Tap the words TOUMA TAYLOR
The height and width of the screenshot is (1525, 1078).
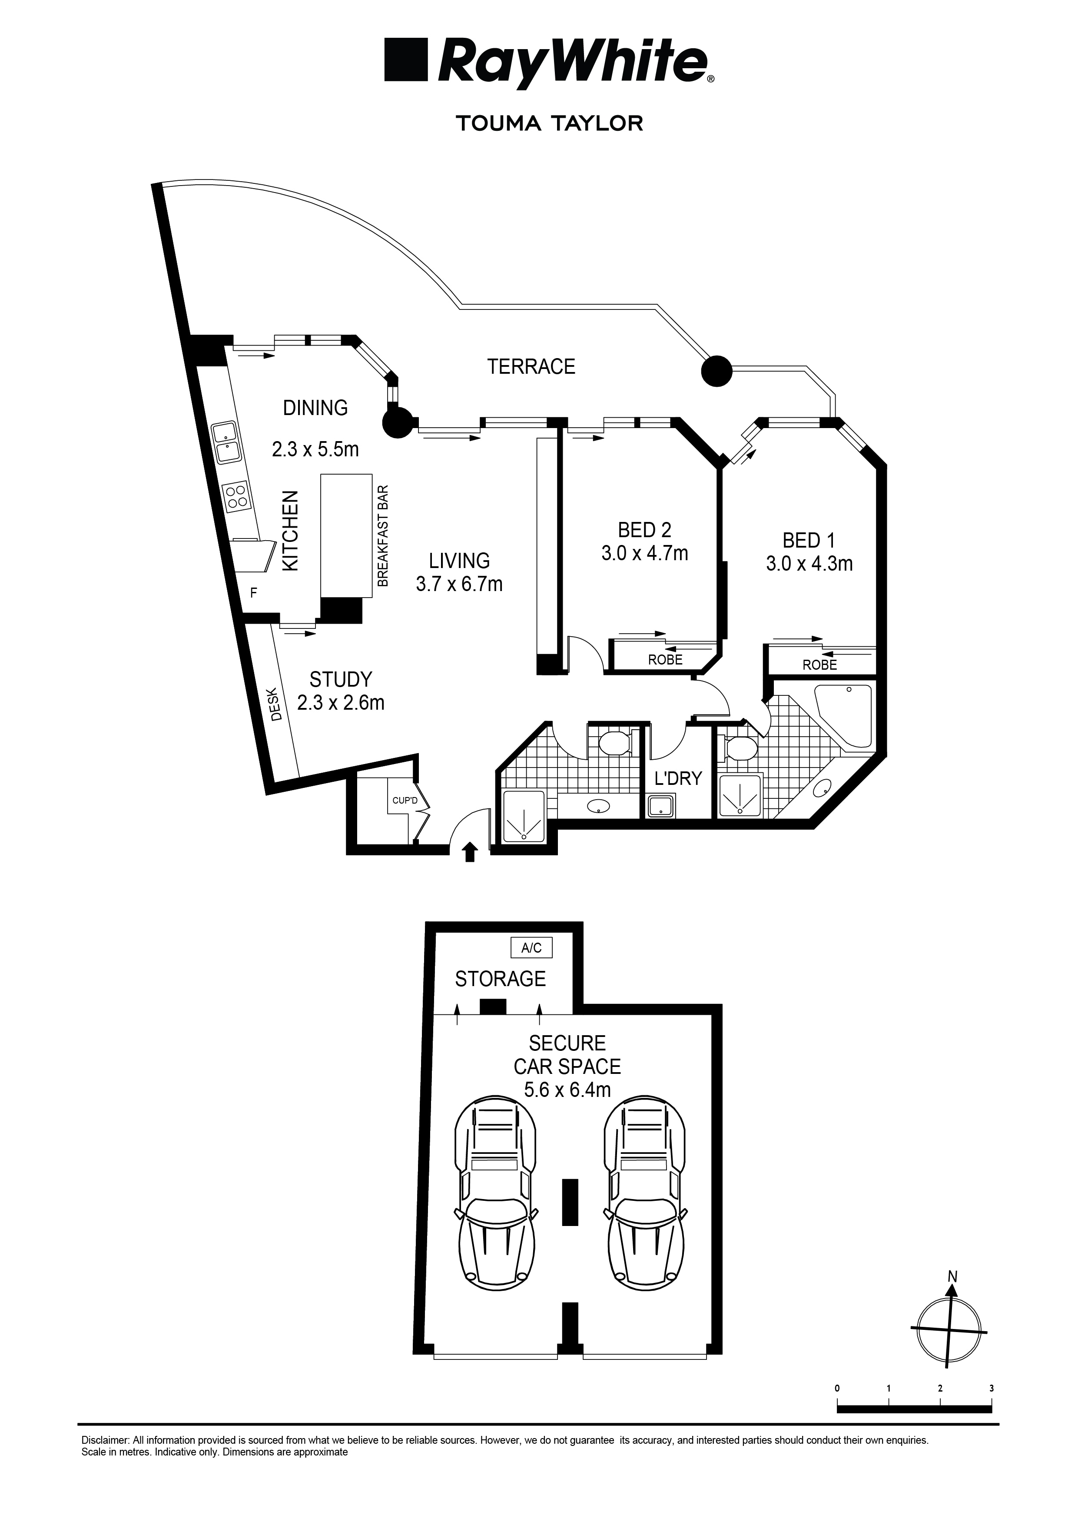(x=549, y=123)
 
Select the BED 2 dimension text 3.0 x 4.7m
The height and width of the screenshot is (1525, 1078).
(x=644, y=553)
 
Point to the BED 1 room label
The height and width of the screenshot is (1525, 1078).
(x=808, y=540)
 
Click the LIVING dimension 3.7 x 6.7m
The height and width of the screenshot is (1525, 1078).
(x=459, y=584)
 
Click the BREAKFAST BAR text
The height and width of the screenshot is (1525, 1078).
(x=383, y=536)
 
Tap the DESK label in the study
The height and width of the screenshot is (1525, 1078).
(x=276, y=708)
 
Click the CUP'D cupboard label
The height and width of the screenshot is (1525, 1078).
(x=405, y=801)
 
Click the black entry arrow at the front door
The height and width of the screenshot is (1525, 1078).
(x=470, y=851)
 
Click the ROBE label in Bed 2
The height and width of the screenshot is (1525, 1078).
(x=665, y=660)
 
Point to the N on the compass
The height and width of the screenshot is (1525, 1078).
(x=952, y=1276)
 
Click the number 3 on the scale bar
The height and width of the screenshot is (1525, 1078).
(x=991, y=1388)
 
